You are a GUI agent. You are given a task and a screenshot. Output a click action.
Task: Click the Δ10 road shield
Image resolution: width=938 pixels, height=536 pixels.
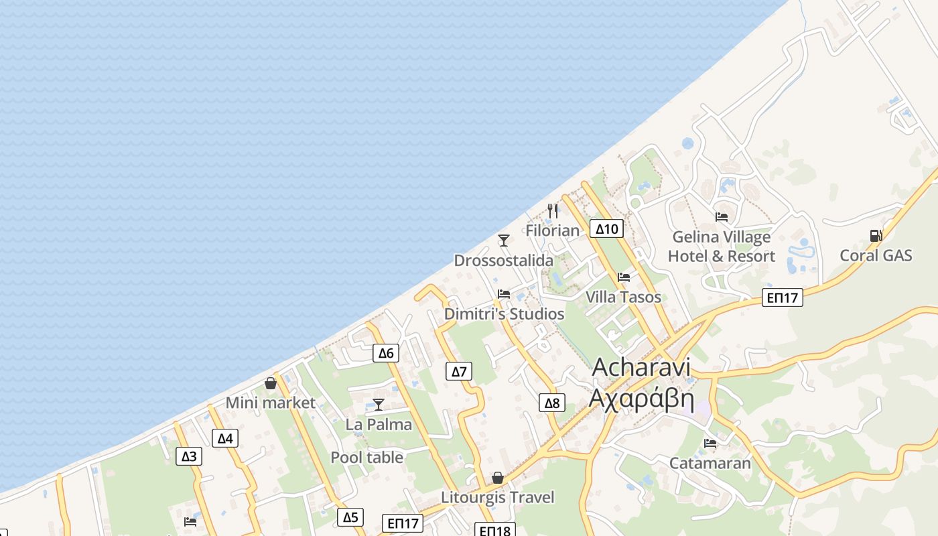click(x=606, y=229)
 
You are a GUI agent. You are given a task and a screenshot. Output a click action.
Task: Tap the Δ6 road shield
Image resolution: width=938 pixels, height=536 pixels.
click(x=386, y=353)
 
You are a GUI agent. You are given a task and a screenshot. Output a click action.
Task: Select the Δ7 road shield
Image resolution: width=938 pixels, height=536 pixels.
click(x=458, y=371)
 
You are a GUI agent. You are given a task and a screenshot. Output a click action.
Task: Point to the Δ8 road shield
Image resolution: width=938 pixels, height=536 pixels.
click(x=551, y=403)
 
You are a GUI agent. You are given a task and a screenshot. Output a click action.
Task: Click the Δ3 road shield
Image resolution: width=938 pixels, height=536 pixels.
click(x=190, y=457)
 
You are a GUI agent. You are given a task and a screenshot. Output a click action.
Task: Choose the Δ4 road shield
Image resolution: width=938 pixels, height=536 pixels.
click(x=225, y=439)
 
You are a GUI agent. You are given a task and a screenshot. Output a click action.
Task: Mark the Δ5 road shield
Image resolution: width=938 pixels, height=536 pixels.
click(x=350, y=517)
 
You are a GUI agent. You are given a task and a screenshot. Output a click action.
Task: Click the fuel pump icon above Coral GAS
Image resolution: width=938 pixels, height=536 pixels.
click(x=876, y=236)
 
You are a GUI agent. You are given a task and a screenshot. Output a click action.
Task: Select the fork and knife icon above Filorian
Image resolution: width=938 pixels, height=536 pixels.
click(x=553, y=210)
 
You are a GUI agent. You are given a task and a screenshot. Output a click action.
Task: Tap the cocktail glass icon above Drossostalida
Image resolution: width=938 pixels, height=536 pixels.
click(x=504, y=241)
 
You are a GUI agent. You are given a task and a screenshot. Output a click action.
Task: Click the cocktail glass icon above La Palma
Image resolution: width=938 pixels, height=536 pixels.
click(x=379, y=405)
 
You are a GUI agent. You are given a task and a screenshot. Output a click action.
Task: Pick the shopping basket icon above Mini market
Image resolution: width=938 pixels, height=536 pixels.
click(x=271, y=383)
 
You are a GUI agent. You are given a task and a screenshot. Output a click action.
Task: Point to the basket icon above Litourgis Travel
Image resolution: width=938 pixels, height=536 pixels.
click(x=498, y=478)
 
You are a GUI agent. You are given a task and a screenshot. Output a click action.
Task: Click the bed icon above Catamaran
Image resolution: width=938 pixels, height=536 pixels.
click(x=710, y=444)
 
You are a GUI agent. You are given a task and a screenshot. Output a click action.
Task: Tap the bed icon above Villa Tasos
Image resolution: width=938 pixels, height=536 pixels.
click(x=624, y=277)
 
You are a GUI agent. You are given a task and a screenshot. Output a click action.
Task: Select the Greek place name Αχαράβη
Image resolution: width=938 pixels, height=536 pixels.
click(x=641, y=397)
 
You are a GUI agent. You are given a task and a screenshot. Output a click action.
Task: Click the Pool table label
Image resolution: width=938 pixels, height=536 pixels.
click(x=367, y=458)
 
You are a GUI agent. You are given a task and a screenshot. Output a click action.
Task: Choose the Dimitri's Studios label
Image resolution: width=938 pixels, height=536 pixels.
click(x=505, y=314)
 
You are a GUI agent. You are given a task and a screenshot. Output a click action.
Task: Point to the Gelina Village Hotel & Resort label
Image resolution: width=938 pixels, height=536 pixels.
click(x=722, y=247)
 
